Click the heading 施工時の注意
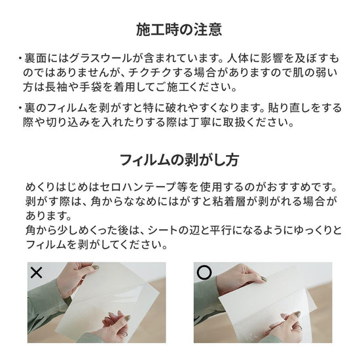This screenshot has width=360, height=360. (x=179, y=29)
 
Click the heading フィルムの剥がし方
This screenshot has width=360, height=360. (x=179, y=160)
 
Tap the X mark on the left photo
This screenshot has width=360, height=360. (x=37, y=272)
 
